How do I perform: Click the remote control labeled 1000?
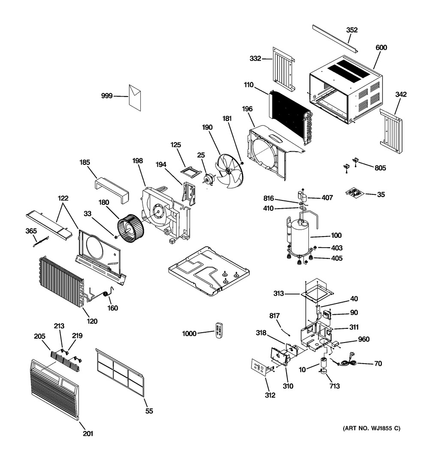(x=219, y=331)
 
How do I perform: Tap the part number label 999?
(x=107, y=96)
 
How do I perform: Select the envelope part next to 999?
(x=135, y=98)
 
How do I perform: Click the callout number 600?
(x=381, y=48)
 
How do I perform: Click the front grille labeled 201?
(x=54, y=389)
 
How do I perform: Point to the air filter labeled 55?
(x=120, y=372)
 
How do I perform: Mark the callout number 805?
(x=380, y=168)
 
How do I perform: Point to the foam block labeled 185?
(x=112, y=191)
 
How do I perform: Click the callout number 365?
(x=31, y=231)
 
